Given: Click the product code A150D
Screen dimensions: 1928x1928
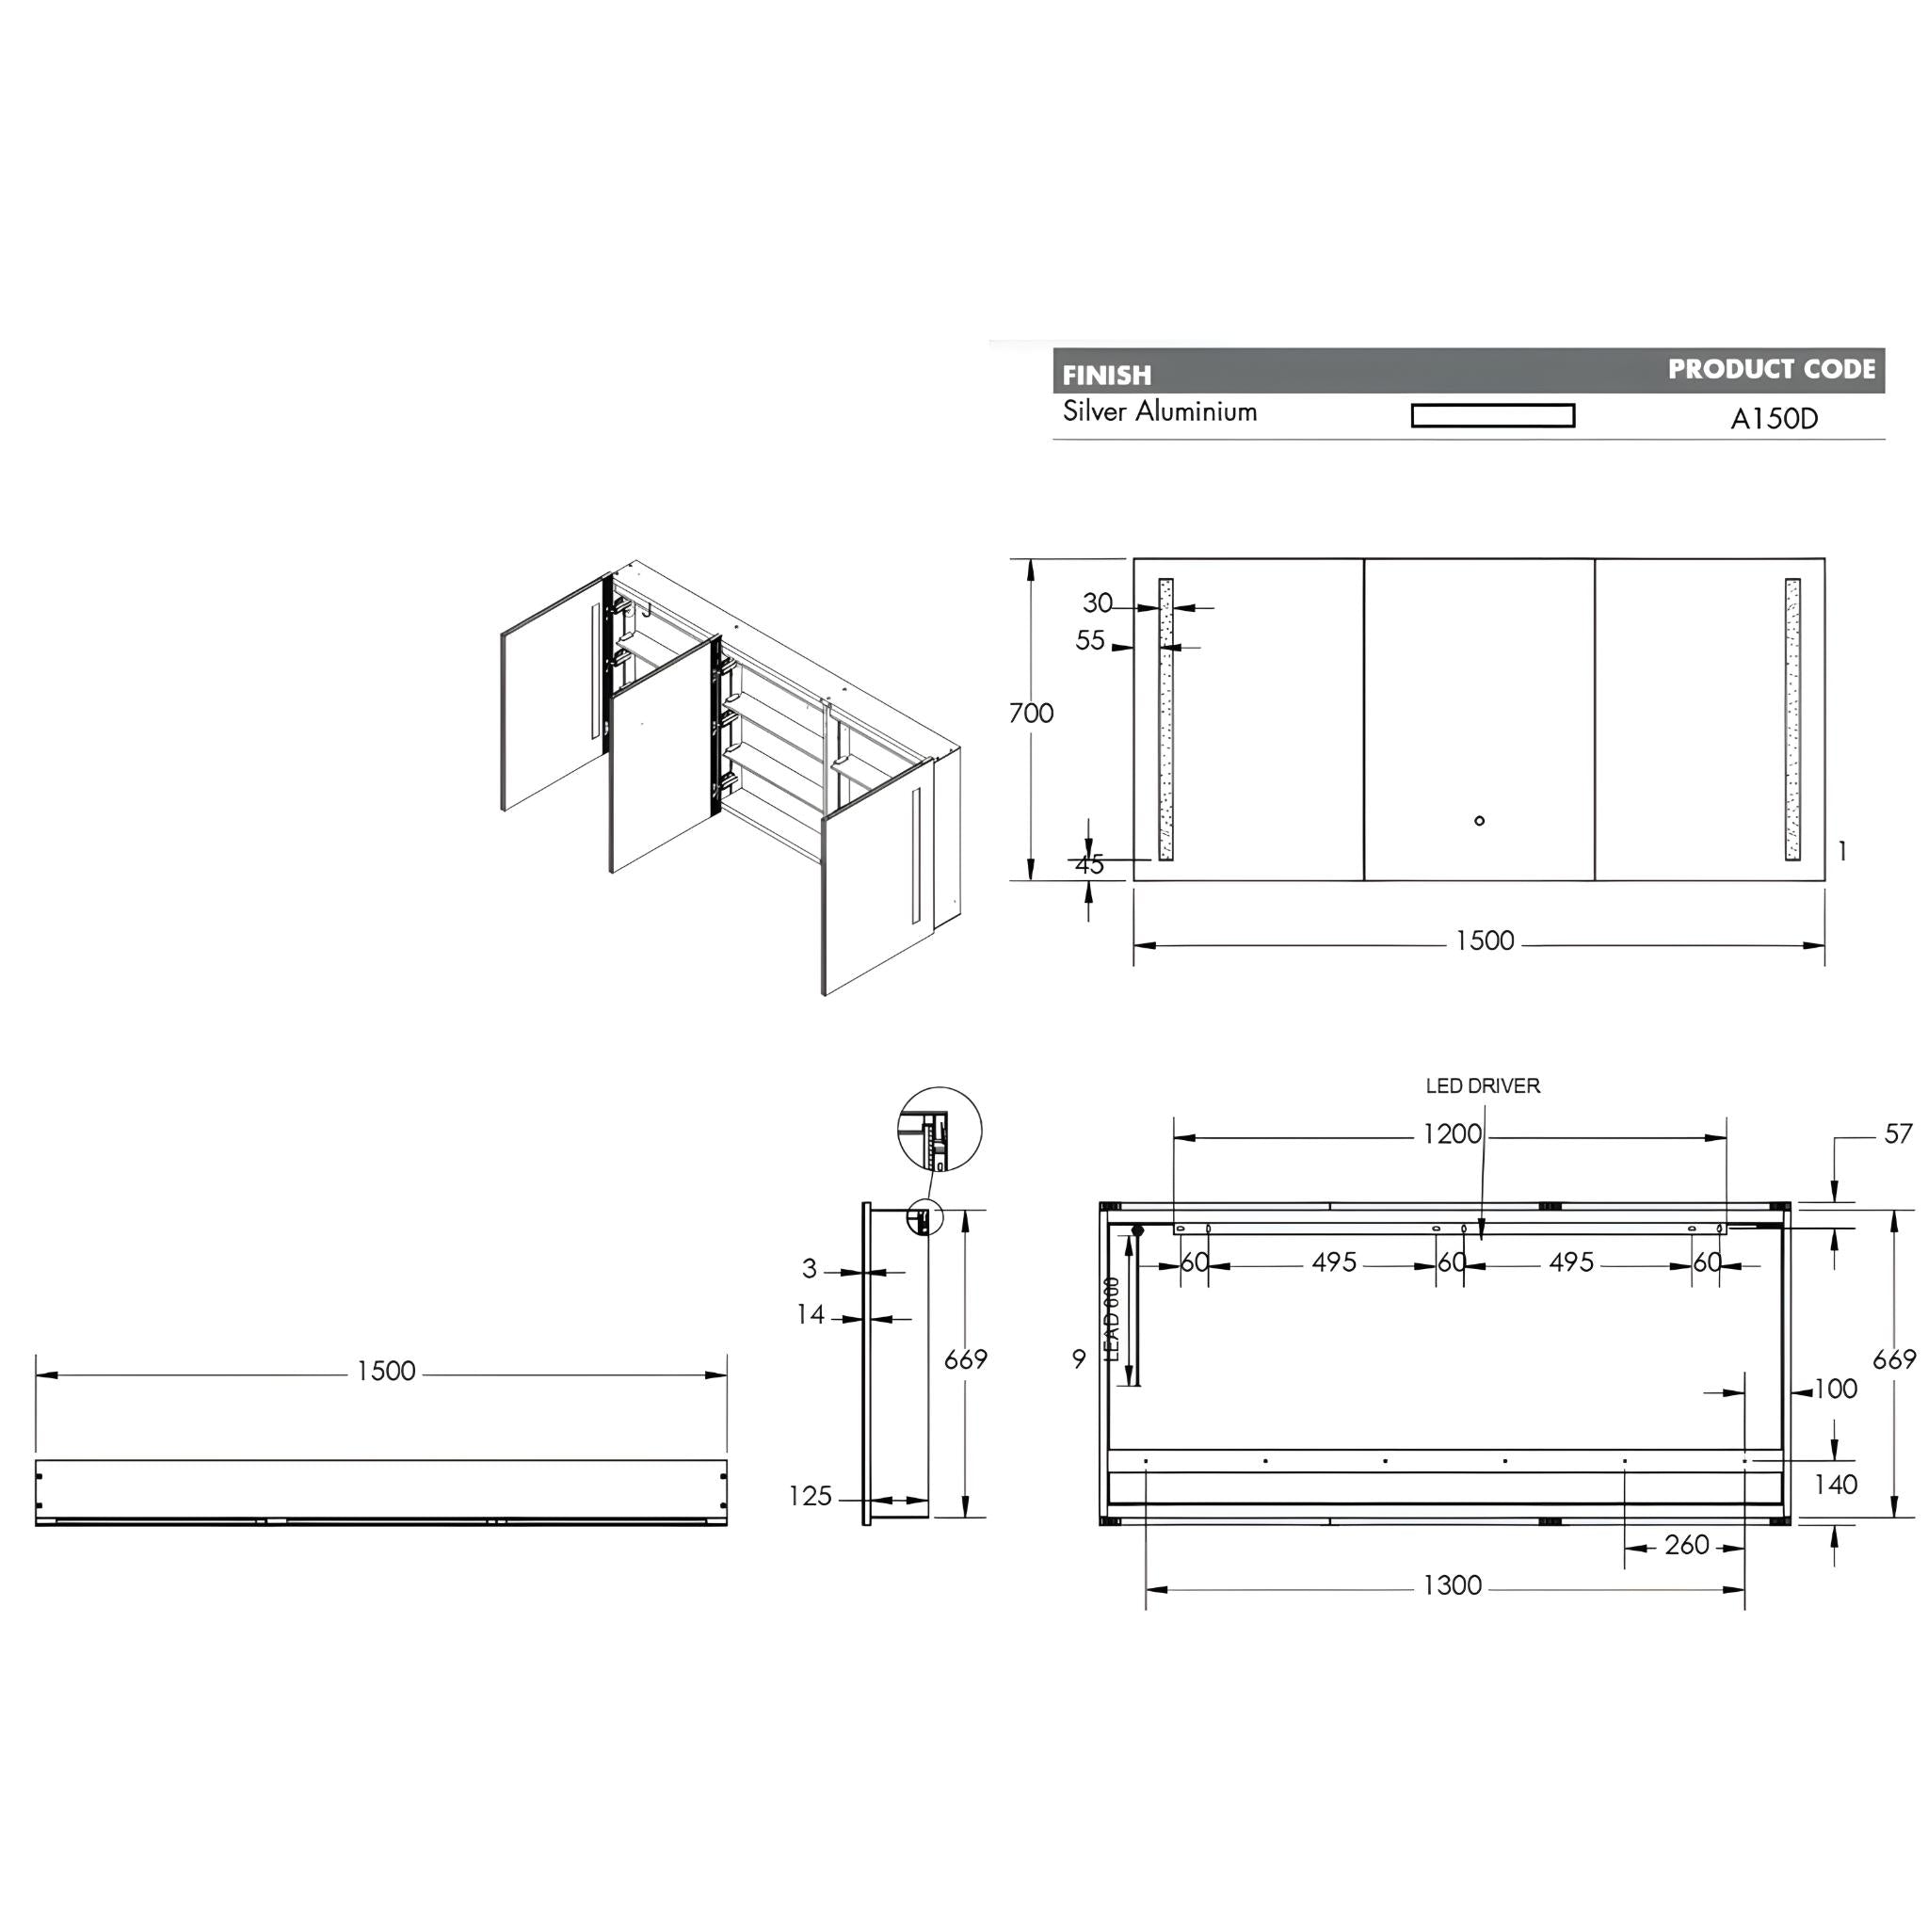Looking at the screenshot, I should click(x=1774, y=418).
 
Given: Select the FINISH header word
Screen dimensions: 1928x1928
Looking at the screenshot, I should click(x=1106, y=376).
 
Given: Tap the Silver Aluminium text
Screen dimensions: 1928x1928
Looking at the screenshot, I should click(x=1159, y=412).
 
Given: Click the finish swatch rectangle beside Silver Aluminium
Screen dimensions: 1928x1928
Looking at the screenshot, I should click(x=1492, y=415).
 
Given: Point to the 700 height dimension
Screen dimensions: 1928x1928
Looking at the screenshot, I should click(x=1030, y=713).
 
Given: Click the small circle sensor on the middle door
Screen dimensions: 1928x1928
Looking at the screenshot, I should click(x=1479, y=820).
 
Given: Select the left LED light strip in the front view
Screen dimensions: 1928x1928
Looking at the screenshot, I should click(x=1165, y=718).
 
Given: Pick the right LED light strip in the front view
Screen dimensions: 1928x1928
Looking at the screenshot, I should click(x=1792, y=718).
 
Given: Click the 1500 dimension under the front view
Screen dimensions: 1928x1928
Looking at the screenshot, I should click(x=1484, y=941).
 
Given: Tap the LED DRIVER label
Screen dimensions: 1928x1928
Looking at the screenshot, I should click(x=1482, y=1085).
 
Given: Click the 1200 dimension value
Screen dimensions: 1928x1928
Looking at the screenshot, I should click(x=1451, y=1133).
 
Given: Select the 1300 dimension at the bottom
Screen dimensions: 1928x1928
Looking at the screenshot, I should click(x=1451, y=1584).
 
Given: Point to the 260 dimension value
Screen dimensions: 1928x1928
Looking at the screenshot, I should click(x=1686, y=1545).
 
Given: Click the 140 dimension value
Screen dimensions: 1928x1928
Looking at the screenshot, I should click(x=1835, y=1485).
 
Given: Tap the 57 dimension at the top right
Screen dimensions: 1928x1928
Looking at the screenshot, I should click(x=1897, y=1133).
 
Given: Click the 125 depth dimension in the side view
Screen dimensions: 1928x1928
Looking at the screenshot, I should click(x=810, y=1496).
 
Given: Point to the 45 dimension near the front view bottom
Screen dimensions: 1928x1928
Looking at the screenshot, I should click(x=1089, y=864).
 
